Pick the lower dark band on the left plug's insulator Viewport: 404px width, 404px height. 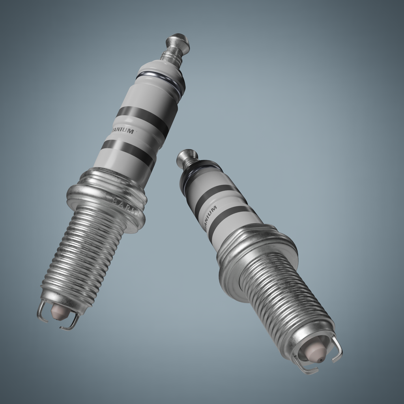tap(127, 152)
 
